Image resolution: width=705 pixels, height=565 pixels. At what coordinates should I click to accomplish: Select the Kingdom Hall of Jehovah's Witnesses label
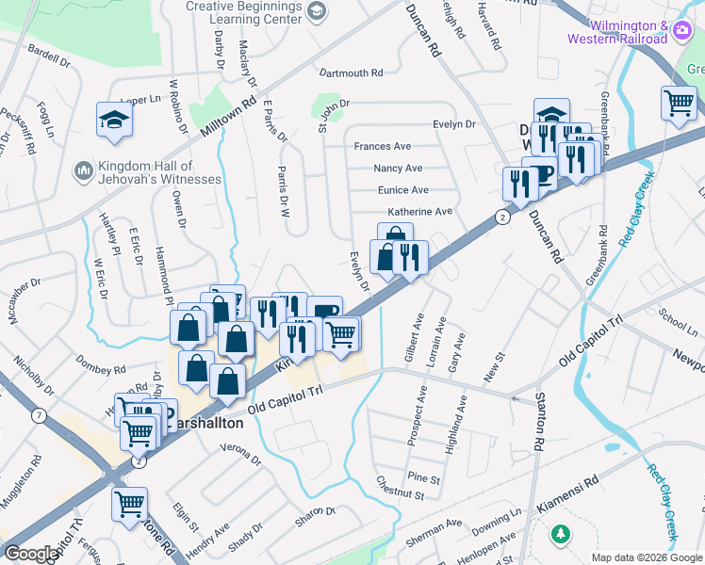(156, 171)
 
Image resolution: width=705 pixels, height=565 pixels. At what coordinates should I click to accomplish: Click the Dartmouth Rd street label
(351, 73)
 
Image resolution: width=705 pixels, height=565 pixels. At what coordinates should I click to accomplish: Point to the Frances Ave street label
(382, 147)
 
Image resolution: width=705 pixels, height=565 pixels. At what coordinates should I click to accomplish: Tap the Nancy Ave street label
(398, 169)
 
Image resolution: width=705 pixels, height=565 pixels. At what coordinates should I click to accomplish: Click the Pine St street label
(423, 478)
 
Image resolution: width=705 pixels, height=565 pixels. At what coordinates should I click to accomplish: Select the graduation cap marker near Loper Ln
(114, 119)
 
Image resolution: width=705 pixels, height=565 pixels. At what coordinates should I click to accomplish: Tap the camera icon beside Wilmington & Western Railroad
(680, 32)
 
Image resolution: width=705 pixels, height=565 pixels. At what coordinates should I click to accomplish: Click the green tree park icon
(560, 534)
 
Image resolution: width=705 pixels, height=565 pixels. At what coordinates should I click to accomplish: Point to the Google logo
(31, 554)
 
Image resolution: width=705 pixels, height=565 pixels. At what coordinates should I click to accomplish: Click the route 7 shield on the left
(39, 414)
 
